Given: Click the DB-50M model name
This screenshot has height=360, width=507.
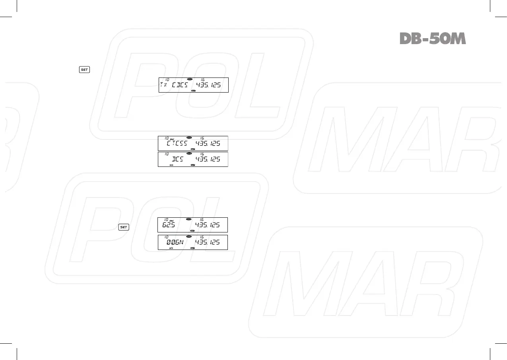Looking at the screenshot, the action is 432,39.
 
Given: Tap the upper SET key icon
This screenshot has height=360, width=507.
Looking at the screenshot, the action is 84,70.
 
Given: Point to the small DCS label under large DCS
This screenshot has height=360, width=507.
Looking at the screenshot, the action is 171,165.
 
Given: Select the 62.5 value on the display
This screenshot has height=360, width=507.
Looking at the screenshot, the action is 169,225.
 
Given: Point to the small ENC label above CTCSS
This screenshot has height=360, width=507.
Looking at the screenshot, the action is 172,139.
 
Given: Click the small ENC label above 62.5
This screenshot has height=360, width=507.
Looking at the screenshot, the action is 172,221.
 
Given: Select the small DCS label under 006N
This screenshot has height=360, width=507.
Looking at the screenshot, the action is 171,248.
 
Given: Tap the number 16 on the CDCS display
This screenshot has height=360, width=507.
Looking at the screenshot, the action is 202,79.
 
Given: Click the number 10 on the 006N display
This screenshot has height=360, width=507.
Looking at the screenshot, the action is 167,237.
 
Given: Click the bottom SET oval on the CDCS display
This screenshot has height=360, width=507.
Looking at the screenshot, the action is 193,91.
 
